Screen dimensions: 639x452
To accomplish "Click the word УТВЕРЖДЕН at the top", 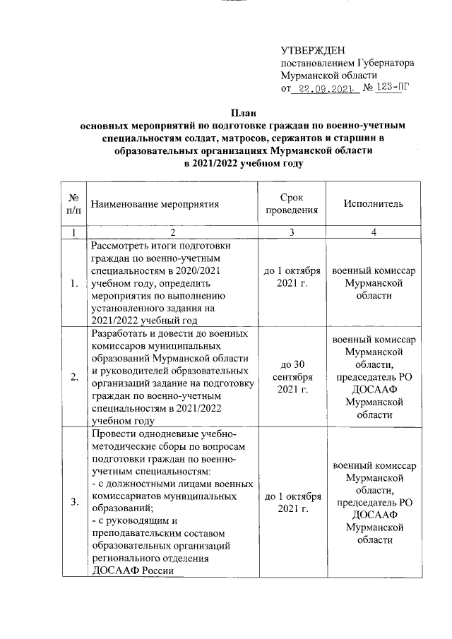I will click(312, 50).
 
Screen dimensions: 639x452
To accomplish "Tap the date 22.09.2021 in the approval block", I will click(324, 89).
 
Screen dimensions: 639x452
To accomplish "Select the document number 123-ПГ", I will click(393, 89).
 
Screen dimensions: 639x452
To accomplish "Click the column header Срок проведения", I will click(292, 204).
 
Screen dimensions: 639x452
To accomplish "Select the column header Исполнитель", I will click(374, 204).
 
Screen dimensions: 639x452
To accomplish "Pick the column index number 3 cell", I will click(292, 232).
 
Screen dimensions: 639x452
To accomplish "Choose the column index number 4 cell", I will click(374, 232).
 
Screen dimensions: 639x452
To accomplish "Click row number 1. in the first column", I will click(74, 283).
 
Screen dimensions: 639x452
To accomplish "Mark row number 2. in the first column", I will click(74, 376).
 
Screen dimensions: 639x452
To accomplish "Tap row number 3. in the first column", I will click(74, 502).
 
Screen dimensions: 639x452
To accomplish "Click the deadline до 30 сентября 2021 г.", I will click(292, 376).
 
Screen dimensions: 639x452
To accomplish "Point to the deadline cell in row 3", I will click(292, 502).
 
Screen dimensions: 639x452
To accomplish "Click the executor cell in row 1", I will click(374, 283).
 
